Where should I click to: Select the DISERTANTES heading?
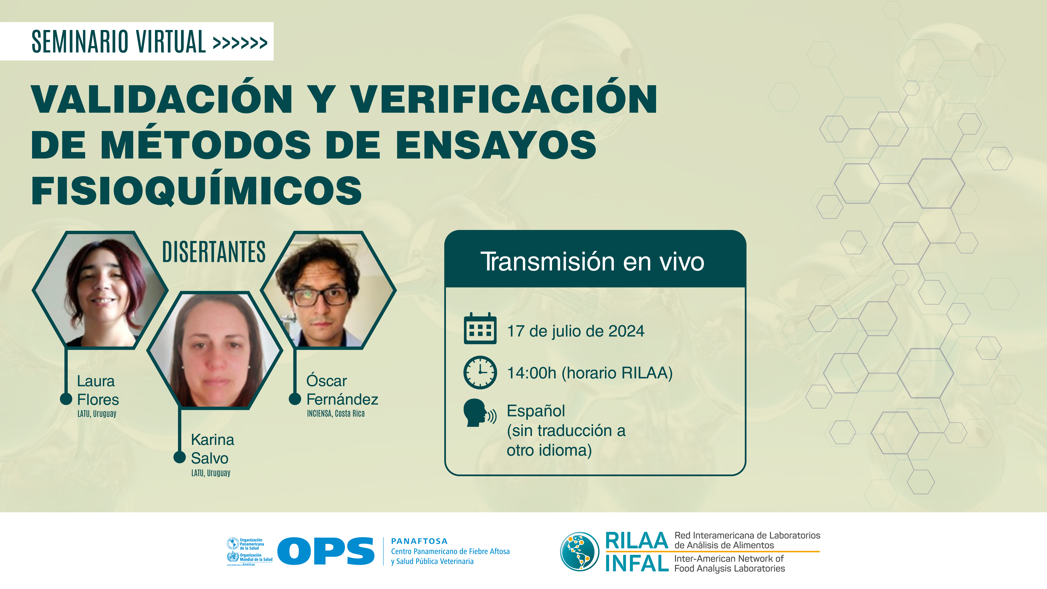click(214, 252)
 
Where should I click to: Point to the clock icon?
click(480, 372)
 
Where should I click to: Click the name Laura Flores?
click(98, 390)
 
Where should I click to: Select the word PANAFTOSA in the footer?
click(419, 541)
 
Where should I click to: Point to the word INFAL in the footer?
click(636, 563)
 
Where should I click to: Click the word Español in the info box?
click(536, 411)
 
